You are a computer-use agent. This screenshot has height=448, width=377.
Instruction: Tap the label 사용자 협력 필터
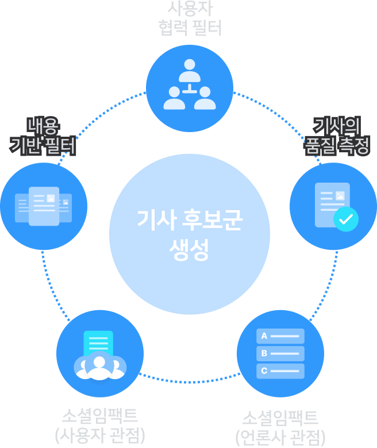(189, 18)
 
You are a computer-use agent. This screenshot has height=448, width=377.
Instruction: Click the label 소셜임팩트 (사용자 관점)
(100, 424)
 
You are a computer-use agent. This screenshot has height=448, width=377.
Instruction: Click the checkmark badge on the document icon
(345, 219)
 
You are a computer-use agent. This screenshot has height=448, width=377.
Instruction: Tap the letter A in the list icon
(264, 336)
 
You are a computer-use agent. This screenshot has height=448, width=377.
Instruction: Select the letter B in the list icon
(264, 353)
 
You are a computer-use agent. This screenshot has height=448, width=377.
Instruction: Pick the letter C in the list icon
(264, 370)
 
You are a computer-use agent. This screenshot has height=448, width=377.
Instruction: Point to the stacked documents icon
(44, 206)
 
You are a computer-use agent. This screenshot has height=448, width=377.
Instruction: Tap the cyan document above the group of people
(98, 343)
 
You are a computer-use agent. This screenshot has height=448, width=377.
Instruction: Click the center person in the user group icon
(99, 367)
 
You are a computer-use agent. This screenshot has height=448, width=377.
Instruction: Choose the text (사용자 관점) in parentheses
(100, 435)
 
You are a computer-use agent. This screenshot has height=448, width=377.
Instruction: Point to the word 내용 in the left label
(44, 125)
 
